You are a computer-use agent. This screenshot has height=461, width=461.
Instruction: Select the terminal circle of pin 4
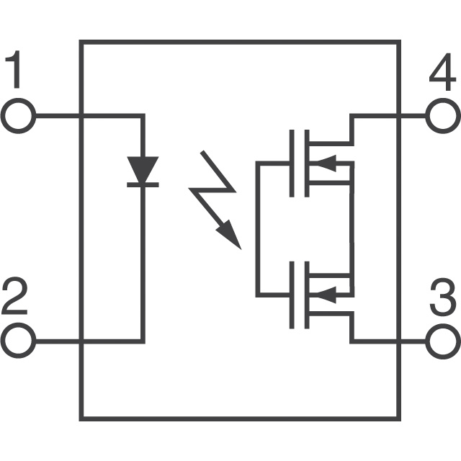click(x=442, y=116)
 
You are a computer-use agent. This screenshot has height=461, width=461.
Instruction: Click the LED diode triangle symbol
click(x=143, y=170)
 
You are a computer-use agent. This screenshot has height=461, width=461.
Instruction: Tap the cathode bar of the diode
click(x=143, y=185)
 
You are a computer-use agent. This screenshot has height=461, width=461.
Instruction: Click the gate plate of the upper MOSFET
click(x=292, y=164)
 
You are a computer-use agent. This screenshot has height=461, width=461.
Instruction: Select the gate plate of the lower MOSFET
click(x=292, y=295)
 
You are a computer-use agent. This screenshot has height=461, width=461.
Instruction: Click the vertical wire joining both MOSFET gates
click(x=257, y=229)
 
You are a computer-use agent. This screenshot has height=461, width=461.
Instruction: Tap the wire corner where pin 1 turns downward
click(x=143, y=116)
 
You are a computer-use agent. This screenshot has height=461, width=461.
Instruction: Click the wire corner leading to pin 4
click(x=351, y=116)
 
